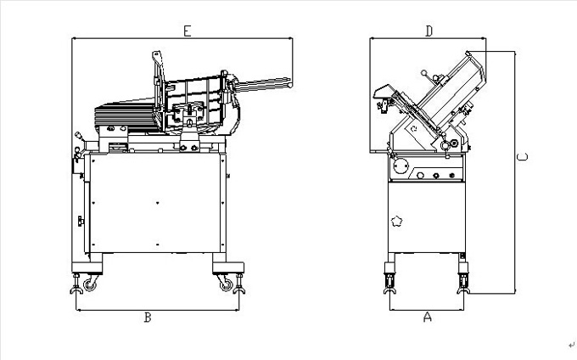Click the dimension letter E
188,31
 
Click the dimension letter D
429,31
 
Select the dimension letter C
522,157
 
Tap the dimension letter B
148,318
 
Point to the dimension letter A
427,317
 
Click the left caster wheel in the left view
89,285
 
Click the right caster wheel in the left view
227,285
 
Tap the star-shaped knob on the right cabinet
396,222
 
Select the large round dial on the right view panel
401,166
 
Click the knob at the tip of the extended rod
290,85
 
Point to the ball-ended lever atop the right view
424,72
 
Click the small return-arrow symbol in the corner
571,345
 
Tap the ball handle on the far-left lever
78,135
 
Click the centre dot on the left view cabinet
157,203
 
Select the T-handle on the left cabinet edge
81,222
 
